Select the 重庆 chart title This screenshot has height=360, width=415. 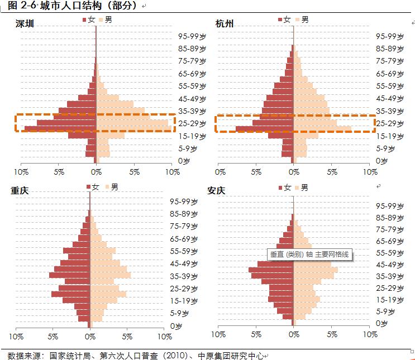pyautogui.click(x=20, y=190)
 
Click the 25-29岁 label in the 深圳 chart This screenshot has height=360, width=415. pyautogui.click(x=193, y=123)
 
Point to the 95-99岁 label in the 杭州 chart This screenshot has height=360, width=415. pyautogui.click(x=390, y=36)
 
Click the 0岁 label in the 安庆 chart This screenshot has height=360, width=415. pyautogui.click(x=382, y=323)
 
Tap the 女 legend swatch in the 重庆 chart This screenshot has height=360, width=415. pyautogui.click(x=89, y=186)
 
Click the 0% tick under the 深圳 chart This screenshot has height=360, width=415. pyautogui.click(x=97, y=172)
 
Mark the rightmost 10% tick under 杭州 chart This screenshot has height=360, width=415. pyautogui.click(x=369, y=172)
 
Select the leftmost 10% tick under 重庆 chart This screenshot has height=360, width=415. pyautogui.click(x=15, y=337)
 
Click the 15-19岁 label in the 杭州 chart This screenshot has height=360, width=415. pyautogui.click(x=390, y=136)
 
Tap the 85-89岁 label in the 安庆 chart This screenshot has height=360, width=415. pyautogui.click(x=390, y=217)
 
